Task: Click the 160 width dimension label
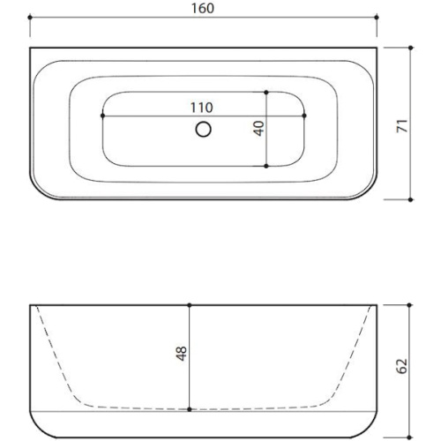(204, 8)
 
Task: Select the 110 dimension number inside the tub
(204, 106)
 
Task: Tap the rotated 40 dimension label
(258, 128)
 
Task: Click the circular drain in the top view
(204, 131)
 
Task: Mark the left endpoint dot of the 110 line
(103, 115)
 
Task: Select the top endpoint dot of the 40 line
(266, 92)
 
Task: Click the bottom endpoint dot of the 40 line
(266, 165)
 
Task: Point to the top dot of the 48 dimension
(191, 306)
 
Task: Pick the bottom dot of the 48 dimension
(191, 409)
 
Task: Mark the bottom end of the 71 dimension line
(411, 199)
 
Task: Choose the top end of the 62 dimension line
(410, 306)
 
